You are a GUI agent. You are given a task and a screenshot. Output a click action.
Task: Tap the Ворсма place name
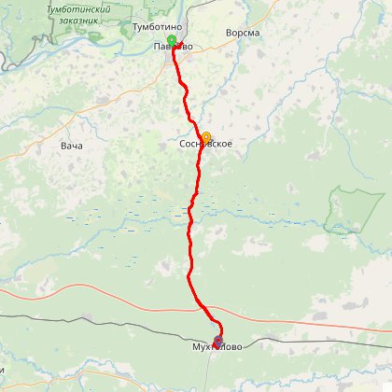pyautogui.click(x=243, y=33)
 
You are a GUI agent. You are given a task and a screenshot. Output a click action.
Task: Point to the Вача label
pyautogui.click(x=71, y=147)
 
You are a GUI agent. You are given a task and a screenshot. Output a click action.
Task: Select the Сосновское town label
pyautogui.click(x=205, y=145)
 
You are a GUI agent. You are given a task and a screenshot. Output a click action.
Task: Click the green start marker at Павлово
pyautogui.click(x=172, y=40)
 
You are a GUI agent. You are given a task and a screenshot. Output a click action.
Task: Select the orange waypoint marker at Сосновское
pyautogui.click(x=205, y=136)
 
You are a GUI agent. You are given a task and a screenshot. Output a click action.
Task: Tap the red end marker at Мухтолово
pyautogui.click(x=218, y=341)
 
